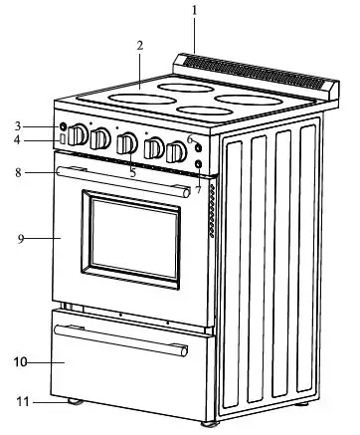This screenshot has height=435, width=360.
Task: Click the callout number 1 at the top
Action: [x=194, y=11]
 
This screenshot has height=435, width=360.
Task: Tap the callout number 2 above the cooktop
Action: [x=140, y=45]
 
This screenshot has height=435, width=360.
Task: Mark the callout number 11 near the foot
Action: [x=19, y=401]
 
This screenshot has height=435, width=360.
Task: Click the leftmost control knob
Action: [x=78, y=137]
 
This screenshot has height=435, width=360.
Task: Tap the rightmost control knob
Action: [x=175, y=152]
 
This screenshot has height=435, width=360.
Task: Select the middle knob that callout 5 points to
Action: [x=128, y=144]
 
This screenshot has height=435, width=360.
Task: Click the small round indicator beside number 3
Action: [x=63, y=127]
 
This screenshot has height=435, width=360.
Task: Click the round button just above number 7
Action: [x=199, y=163]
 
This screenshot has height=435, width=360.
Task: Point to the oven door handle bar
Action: [x=119, y=181]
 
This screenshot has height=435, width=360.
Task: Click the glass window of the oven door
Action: [x=132, y=235]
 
